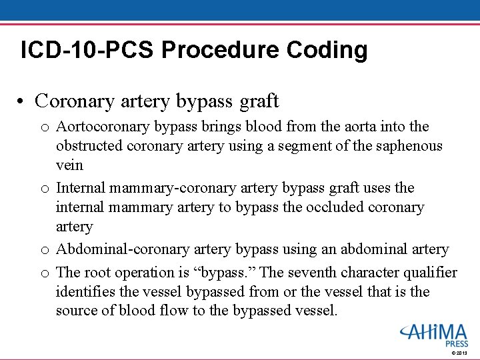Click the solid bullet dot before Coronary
click(x=22, y=101)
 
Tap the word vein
click(x=69, y=165)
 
